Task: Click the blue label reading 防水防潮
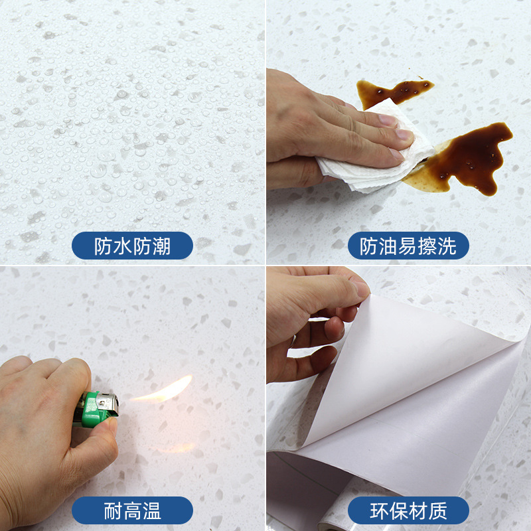pos(132,246)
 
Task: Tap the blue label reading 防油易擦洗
pos(408,246)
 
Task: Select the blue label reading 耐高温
pos(132,510)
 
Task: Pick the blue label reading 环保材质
pos(408,510)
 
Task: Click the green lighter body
pos(90,410)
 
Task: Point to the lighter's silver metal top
pos(108,404)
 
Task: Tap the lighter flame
pos(163,390)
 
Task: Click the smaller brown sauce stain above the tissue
pos(393,92)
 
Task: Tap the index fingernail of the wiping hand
pos(389,120)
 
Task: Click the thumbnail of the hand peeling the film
pos(362,289)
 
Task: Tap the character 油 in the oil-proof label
pos(388,246)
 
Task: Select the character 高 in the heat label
pos(132,510)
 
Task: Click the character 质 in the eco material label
pos(438,510)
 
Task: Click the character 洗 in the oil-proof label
pos(447,246)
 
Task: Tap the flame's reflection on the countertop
pos(176,448)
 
